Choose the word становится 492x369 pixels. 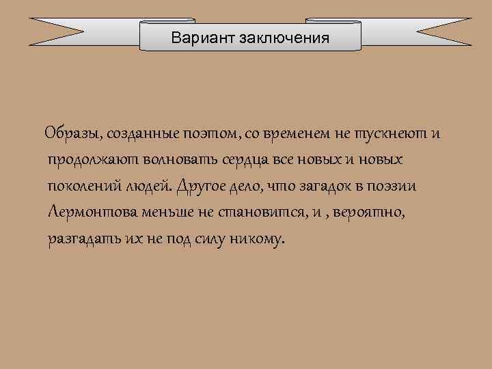coord(269,213)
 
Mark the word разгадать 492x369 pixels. coord(81,240)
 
